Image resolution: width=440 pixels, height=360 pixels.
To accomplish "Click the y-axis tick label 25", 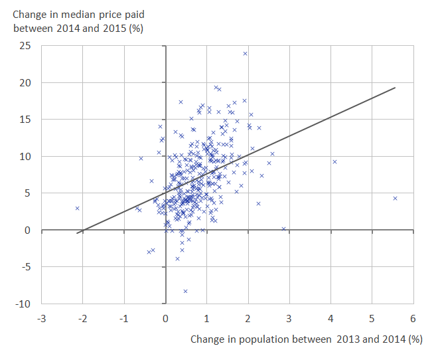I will click(x=25, y=46).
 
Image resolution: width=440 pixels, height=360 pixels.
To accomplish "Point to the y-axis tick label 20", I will click(x=25, y=83).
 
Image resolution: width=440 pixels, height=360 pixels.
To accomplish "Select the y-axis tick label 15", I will click(x=25, y=120).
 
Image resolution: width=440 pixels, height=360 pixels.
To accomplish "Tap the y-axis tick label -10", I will click(x=24, y=304).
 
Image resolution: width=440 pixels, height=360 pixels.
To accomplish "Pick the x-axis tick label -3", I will click(x=41, y=318).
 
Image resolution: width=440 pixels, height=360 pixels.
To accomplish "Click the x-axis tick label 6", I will click(x=413, y=318).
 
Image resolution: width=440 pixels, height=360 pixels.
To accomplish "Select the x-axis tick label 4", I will click(x=330, y=318).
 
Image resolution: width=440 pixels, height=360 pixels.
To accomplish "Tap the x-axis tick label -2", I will click(x=82, y=318).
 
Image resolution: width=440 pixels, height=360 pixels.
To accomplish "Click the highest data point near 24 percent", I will click(x=245, y=53).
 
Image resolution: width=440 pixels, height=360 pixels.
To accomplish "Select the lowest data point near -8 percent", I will click(x=185, y=291).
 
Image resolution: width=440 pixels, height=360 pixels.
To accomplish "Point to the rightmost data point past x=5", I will click(x=395, y=198).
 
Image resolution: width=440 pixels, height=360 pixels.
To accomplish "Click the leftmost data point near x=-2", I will click(x=77, y=208).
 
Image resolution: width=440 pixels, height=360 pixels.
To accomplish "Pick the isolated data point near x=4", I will click(x=334, y=161).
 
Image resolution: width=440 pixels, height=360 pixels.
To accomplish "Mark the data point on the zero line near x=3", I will click(x=283, y=228).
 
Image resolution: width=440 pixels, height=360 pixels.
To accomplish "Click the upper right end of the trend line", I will click(x=395, y=88).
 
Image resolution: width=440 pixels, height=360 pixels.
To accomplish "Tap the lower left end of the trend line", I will click(x=77, y=232).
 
